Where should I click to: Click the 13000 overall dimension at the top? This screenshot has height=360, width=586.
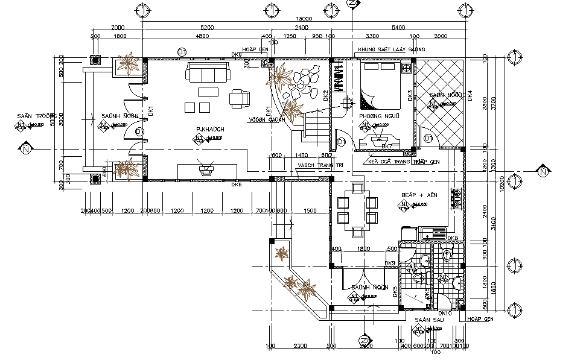304,18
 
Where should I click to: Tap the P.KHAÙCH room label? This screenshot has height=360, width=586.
210,130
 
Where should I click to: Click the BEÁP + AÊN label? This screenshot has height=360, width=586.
419,196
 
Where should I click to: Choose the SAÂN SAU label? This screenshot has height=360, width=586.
425,320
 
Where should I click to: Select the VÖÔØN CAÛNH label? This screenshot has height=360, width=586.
267,119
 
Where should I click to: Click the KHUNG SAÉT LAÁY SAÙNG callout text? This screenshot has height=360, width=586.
391,49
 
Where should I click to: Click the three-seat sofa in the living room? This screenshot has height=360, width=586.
209,73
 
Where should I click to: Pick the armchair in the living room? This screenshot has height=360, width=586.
239,98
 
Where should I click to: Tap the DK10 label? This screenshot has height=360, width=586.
445,313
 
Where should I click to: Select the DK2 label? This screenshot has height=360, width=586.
326,95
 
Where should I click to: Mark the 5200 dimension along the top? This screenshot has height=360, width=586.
207,28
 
